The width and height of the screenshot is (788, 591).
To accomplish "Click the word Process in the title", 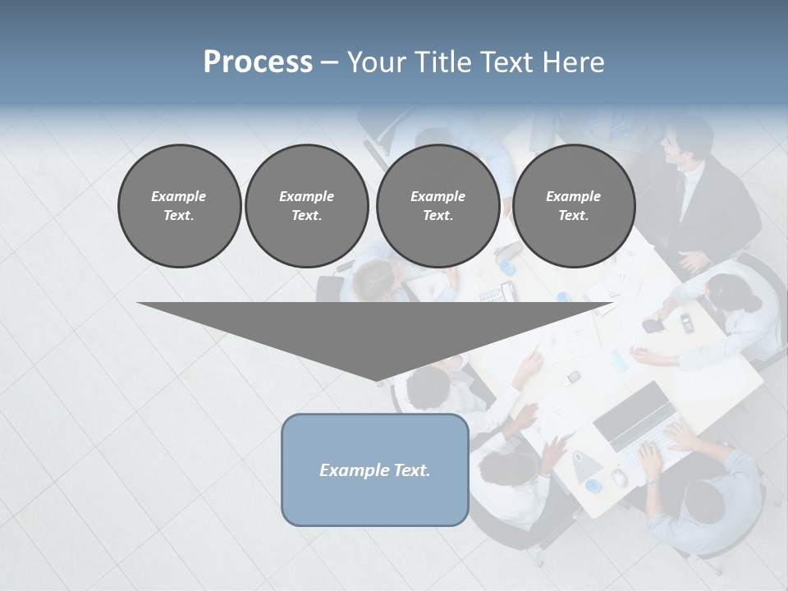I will [x=258, y=62].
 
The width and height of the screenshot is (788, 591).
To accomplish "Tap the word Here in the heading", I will [x=574, y=62].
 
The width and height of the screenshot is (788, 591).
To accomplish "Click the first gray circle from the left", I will [x=179, y=205].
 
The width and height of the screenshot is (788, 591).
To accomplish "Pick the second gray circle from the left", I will [x=306, y=205].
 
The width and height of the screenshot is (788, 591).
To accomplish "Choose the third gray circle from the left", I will [x=438, y=205].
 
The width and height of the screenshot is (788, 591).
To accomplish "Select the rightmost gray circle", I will [x=573, y=205].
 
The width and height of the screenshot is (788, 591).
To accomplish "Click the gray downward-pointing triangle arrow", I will [x=375, y=337].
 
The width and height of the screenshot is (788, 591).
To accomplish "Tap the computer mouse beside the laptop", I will [x=620, y=478].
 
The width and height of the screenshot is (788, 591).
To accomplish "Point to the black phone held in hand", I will [x=653, y=325].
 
